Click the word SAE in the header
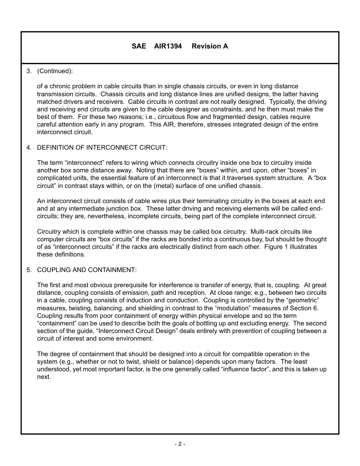[139, 46]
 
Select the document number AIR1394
[168, 46]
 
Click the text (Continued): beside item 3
[55, 71]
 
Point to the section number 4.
[28, 147]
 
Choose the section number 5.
[28, 270]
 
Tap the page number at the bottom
[180, 444]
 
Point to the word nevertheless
[107, 216]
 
